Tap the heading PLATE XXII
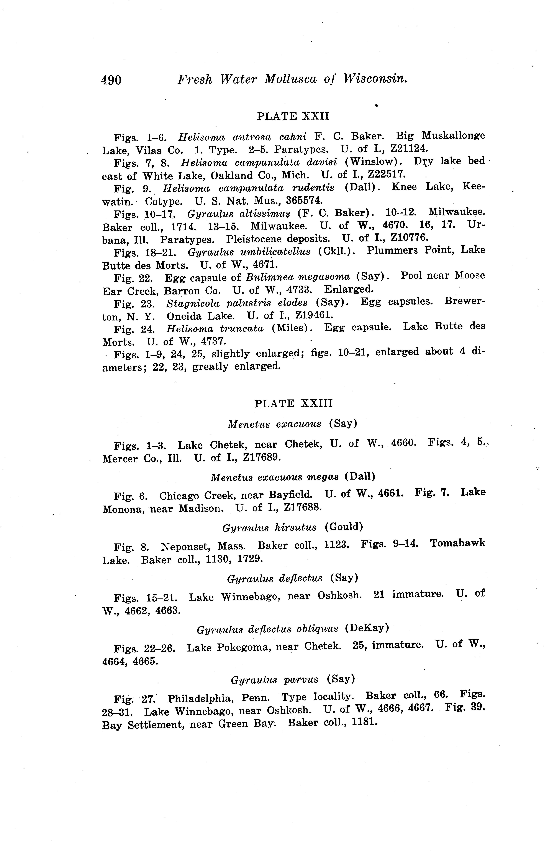click(293, 116)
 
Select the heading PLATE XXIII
click(294, 403)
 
